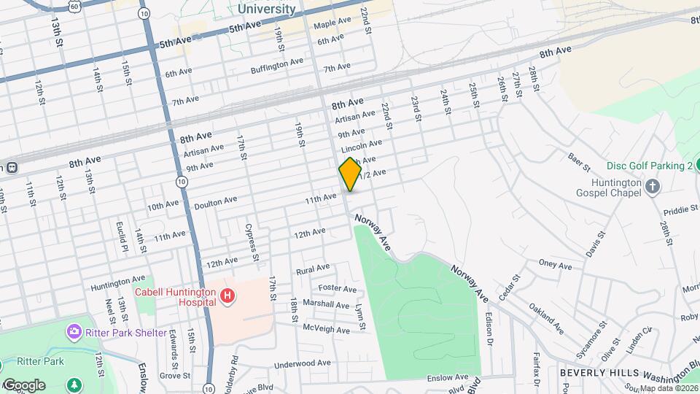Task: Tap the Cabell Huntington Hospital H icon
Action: pyautogui.click(x=228, y=295)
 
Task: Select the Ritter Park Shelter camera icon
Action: pyautogui.click(x=74, y=333)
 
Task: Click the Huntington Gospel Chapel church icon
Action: pyautogui.click(x=653, y=186)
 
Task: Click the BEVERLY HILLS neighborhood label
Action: pyautogui.click(x=591, y=373)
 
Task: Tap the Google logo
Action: pyautogui.click(x=23, y=385)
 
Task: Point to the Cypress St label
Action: pyautogui.click(x=252, y=242)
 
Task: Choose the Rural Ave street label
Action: pyautogui.click(x=313, y=269)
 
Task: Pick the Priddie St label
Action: pyautogui.click(x=681, y=209)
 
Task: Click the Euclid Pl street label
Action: pyautogui.click(x=122, y=237)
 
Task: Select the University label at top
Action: pyautogui.click(x=267, y=9)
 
